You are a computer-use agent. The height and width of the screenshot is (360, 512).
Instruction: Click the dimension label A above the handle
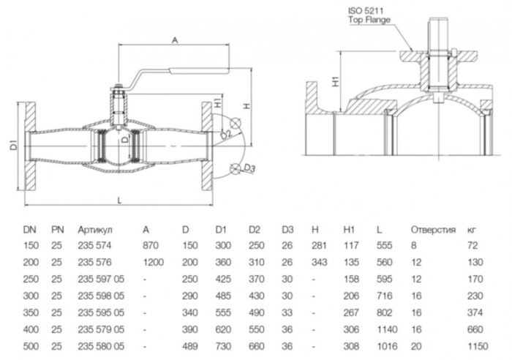[x=175, y=40]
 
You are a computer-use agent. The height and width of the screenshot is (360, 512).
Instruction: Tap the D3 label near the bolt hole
[x=249, y=170]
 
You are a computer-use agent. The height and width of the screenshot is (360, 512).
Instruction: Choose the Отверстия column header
[x=433, y=230]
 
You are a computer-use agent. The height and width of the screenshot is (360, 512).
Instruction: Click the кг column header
[x=473, y=230]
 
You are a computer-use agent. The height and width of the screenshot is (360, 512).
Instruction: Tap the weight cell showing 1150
[x=476, y=345]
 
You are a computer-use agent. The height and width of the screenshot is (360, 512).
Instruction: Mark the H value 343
[x=319, y=263]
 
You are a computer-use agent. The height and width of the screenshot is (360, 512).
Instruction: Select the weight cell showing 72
[x=472, y=247]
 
